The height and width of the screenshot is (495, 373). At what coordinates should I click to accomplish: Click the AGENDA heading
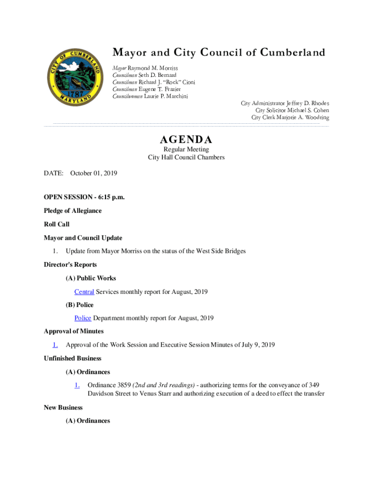186,140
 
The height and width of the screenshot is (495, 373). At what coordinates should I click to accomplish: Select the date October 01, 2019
93,173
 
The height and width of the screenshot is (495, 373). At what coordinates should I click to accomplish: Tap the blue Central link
84,291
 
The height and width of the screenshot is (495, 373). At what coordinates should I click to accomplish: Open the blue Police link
82,318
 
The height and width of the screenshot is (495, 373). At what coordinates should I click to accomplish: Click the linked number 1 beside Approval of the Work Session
55,345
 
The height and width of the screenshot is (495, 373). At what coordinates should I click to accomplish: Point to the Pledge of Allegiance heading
73,211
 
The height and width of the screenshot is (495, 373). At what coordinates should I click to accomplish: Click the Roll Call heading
57,224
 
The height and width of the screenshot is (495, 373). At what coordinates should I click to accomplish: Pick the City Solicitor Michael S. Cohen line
292,110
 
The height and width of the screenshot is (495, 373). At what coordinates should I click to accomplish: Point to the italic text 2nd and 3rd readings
163,385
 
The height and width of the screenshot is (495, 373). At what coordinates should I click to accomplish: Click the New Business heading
63,408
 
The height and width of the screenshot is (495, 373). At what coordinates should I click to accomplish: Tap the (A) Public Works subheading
91,278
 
